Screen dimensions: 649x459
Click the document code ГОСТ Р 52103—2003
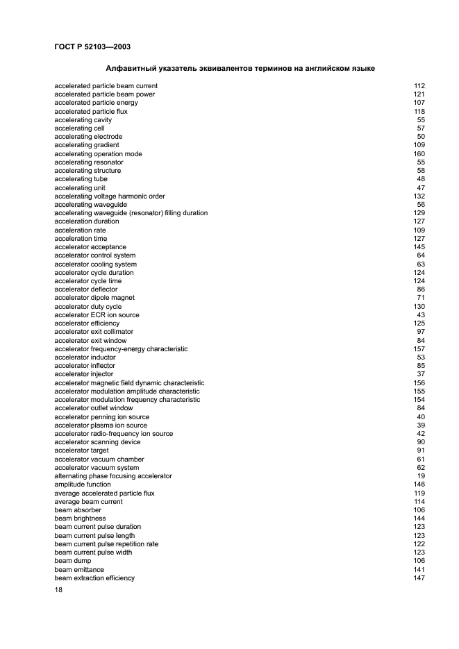click(x=92, y=47)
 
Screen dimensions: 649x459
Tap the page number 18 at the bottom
click(x=58, y=590)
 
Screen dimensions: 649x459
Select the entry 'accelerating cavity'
click(x=83, y=120)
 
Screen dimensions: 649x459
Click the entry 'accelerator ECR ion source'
click(x=97, y=315)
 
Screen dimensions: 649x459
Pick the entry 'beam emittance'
click(x=78, y=569)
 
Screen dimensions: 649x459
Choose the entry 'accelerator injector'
click(x=83, y=374)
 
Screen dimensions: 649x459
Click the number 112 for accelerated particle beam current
click(x=419, y=86)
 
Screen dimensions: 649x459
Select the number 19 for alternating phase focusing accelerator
click(x=421, y=476)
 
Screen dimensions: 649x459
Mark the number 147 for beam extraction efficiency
click(x=419, y=578)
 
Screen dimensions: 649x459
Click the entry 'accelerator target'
click(x=82, y=450)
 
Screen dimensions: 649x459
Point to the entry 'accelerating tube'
click(x=81, y=179)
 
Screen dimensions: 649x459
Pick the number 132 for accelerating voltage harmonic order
click(x=419, y=196)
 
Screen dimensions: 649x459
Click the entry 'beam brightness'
click(x=80, y=519)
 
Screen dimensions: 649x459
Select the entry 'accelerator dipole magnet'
click(x=94, y=298)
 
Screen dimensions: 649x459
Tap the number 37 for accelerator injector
click(x=421, y=374)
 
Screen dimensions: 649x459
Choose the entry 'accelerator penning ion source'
click(x=101, y=416)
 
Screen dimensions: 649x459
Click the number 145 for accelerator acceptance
click(x=419, y=247)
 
